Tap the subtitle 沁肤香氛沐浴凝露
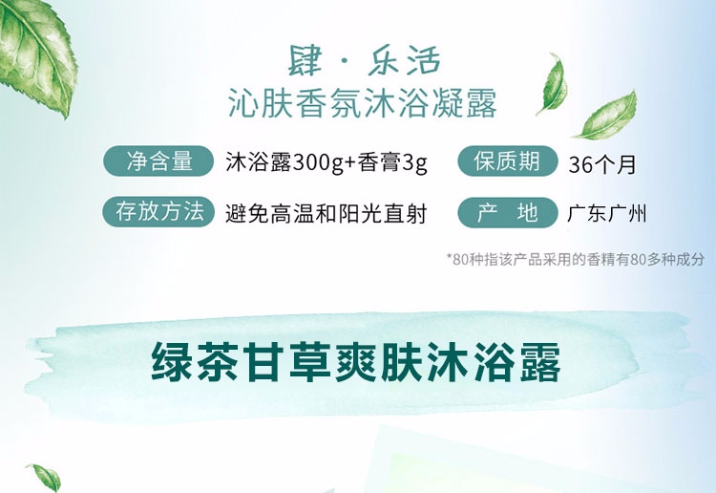[x=363, y=104]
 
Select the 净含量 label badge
[x=158, y=161]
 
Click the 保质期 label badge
[x=508, y=161]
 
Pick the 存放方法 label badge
[x=158, y=211]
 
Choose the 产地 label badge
[x=508, y=212]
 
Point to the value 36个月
[x=601, y=164]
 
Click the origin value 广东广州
[x=607, y=214]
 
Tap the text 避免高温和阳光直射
[x=326, y=214]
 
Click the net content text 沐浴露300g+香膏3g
[x=326, y=162]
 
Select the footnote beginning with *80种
[x=576, y=260]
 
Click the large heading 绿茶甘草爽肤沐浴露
[x=356, y=363]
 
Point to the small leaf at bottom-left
[x=44, y=478]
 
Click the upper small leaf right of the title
[x=552, y=83]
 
